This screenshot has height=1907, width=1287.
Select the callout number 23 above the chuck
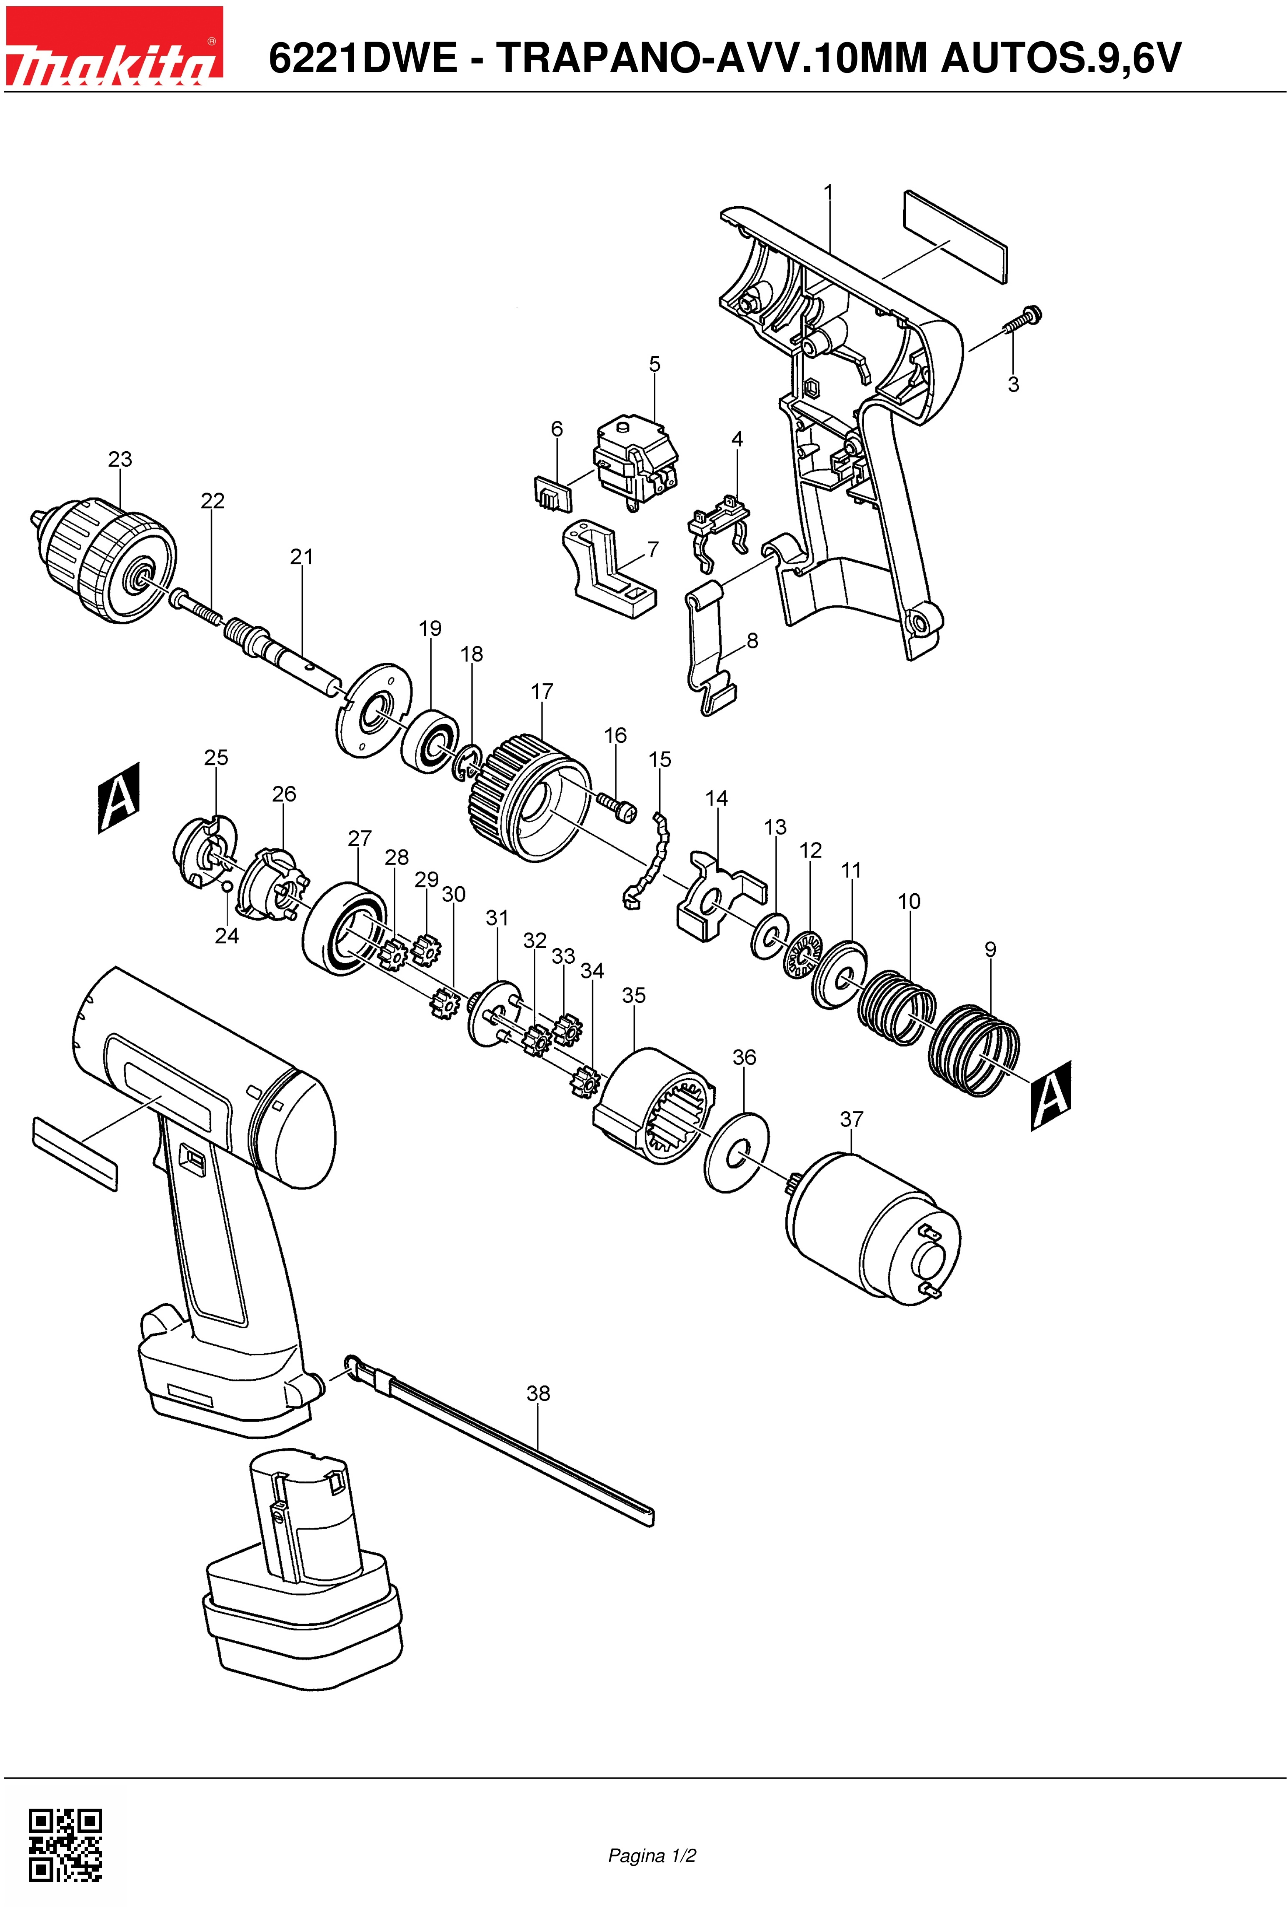tap(120, 460)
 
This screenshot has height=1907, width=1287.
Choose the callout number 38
tap(538, 1393)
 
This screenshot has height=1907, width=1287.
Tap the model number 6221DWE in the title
tap(363, 58)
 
